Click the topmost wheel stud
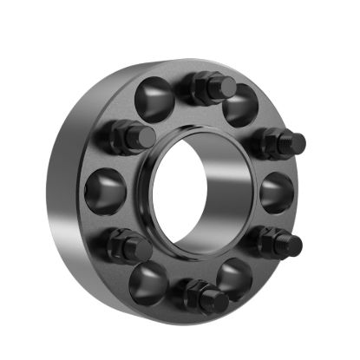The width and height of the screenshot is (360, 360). tap(210, 87)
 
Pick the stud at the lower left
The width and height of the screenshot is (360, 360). tap(128, 245)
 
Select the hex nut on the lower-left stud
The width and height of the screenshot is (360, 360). tap(120, 243)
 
